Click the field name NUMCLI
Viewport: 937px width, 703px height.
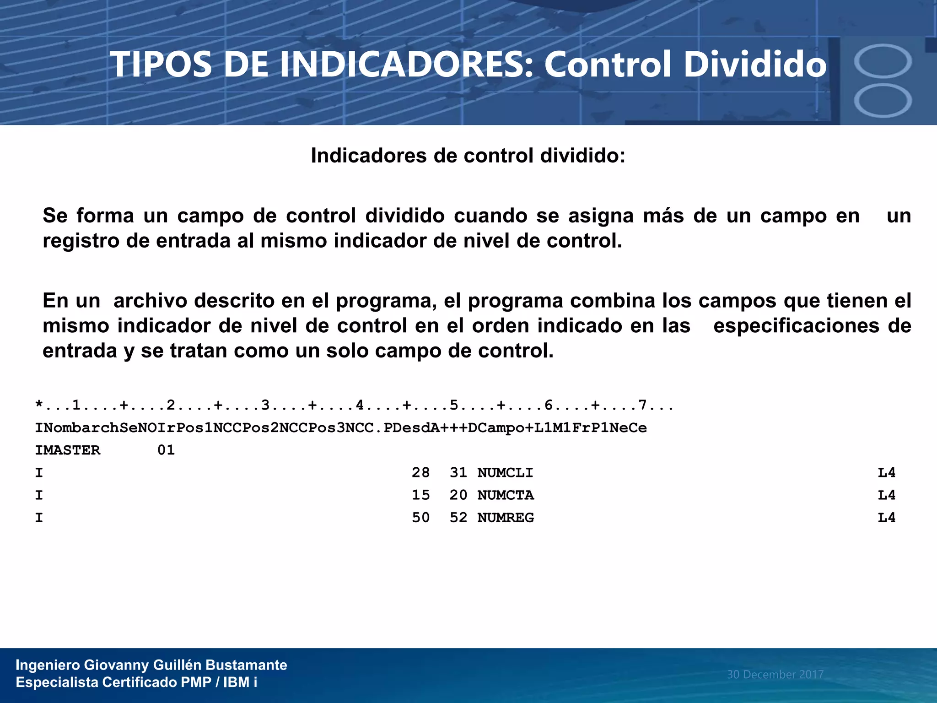(505, 472)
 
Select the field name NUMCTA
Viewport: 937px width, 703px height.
(506, 495)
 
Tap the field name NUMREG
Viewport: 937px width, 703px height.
(506, 518)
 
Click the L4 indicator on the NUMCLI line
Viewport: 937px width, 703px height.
(886, 472)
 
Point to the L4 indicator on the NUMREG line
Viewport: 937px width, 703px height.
(886, 518)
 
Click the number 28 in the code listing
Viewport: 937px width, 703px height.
(420, 472)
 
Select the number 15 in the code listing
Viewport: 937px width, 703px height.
(420, 495)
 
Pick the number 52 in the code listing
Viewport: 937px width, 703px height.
(458, 518)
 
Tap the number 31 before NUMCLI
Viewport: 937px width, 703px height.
(458, 472)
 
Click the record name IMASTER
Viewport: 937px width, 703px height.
(68, 450)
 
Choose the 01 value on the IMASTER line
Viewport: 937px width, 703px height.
(166, 450)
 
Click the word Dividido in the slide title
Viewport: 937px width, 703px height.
(755, 64)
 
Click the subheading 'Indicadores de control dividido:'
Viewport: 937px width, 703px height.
(468, 156)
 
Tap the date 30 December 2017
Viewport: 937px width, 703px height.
(775, 674)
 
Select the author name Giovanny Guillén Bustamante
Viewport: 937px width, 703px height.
(186, 665)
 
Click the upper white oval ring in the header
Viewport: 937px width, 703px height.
(883, 61)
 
